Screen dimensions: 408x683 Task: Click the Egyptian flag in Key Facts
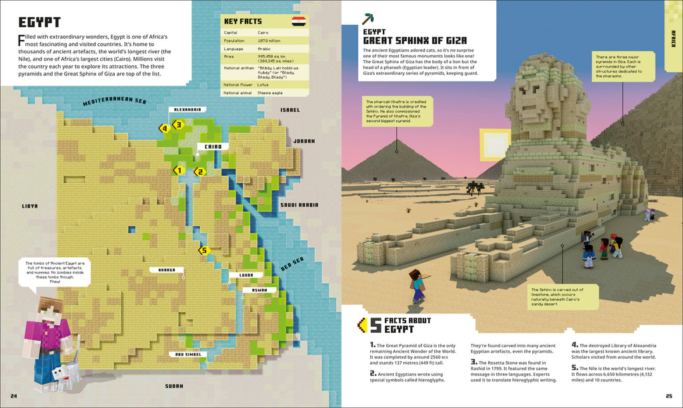point(299,21)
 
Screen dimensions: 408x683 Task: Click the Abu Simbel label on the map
point(187,355)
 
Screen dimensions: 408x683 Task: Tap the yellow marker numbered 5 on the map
point(204,251)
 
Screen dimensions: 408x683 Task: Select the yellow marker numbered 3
point(177,124)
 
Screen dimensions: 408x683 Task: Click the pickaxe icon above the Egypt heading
point(368,19)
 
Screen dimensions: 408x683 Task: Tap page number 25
point(669,398)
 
